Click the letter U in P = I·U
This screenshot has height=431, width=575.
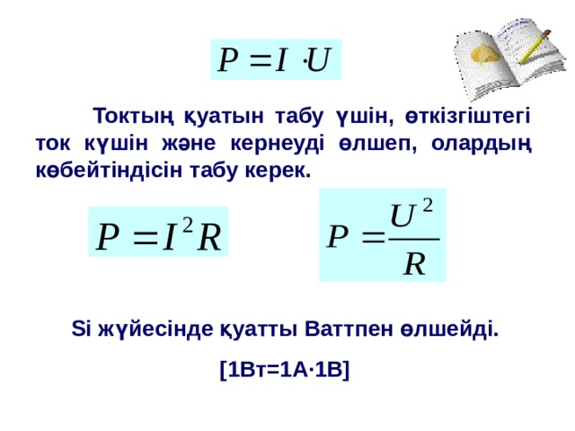(x=318, y=59)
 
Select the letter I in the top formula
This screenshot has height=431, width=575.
(x=280, y=59)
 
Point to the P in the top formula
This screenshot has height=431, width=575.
(x=229, y=59)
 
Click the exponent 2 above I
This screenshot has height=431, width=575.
(x=186, y=221)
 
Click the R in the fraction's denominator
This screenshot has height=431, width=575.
(x=414, y=263)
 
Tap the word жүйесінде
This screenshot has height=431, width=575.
(x=144, y=329)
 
